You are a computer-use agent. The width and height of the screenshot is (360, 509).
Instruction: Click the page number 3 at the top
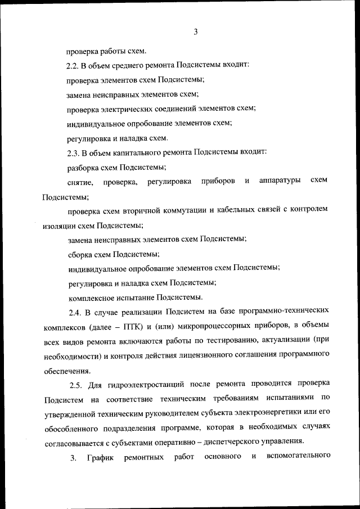(195, 32)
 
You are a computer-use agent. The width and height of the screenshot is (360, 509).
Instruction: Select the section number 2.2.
(74, 65)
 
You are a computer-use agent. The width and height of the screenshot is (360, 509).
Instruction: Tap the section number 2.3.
(74, 152)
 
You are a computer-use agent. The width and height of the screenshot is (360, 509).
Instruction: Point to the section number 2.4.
(76, 311)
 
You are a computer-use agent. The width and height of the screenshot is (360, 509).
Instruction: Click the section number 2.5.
(78, 384)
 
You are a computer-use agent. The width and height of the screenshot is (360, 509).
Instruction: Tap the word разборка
(83, 167)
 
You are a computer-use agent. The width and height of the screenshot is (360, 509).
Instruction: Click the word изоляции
(60, 225)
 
